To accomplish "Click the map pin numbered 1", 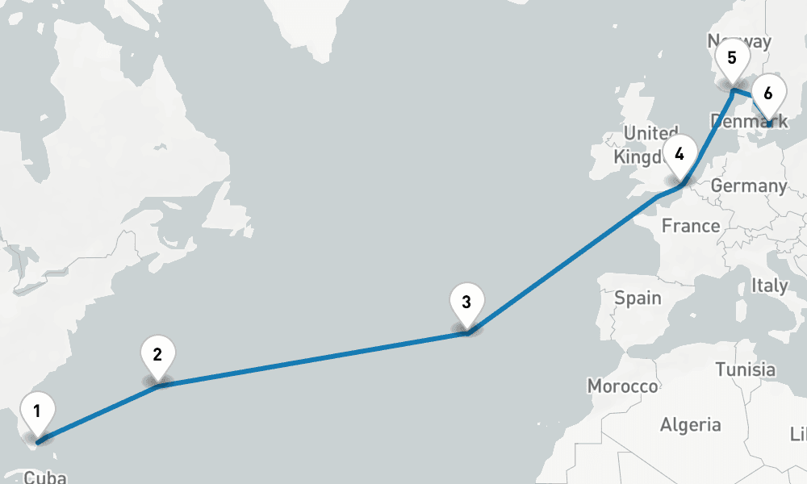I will (x=37, y=411).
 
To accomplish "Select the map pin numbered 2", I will (x=157, y=355).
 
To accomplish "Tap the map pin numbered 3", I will (x=466, y=303).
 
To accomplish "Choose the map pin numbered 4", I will (x=680, y=155).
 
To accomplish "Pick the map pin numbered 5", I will (x=732, y=60).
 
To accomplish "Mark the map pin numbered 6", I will (x=767, y=94).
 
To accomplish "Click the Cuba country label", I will (x=44, y=478).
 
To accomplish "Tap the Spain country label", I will (x=638, y=298).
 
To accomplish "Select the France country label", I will (x=691, y=226).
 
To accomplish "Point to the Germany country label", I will (x=748, y=186).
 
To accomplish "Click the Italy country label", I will (x=769, y=286).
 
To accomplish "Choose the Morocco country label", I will (x=622, y=386).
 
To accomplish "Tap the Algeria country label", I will (x=691, y=425).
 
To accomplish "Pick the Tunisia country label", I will (x=745, y=370).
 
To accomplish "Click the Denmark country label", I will (x=749, y=122).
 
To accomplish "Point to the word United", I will (x=651, y=133).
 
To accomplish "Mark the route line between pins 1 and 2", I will (x=97, y=413).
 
